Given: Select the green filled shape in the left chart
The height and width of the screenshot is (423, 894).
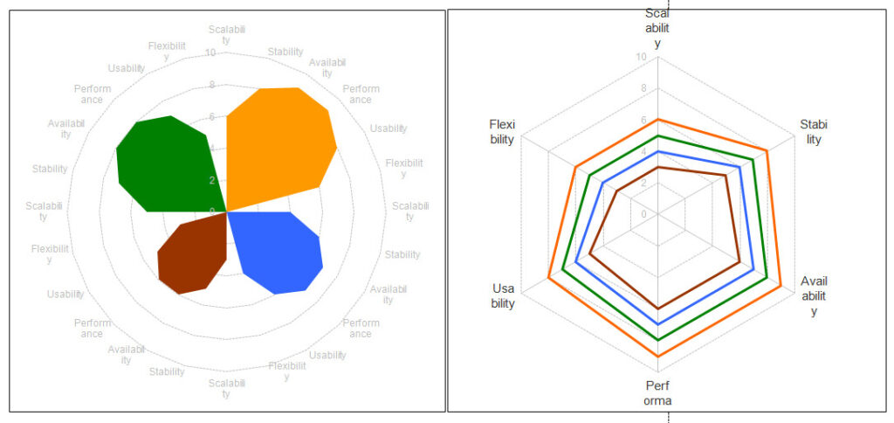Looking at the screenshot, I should pyautogui.click(x=166, y=166).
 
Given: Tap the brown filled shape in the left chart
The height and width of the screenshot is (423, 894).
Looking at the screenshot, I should pyautogui.click(x=192, y=258).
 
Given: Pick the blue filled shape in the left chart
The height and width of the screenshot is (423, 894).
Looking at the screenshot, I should pyautogui.click(x=279, y=253).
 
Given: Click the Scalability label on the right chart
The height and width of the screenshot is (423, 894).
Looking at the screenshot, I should pyautogui.click(x=657, y=28).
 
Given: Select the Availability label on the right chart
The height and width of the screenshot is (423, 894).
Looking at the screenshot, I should pyautogui.click(x=814, y=295).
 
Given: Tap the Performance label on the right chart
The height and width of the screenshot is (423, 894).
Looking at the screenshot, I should pyautogui.click(x=657, y=393).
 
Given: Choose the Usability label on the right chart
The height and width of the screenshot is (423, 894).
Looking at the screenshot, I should pyautogui.click(x=503, y=295).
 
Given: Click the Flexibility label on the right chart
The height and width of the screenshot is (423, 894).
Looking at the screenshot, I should pyautogui.click(x=502, y=132).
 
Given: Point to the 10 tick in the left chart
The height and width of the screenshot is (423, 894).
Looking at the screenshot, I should pyautogui.click(x=210, y=53).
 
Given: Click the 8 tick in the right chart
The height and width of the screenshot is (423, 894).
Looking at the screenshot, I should pyautogui.click(x=643, y=89).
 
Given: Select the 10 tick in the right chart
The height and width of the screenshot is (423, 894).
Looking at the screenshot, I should pyautogui.click(x=642, y=58).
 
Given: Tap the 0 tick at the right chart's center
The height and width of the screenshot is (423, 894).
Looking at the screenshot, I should pyautogui.click(x=644, y=214).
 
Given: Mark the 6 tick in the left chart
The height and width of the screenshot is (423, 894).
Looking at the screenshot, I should pyautogui.click(x=211, y=117).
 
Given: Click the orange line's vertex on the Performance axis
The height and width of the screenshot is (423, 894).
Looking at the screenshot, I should pyautogui.click(x=658, y=356).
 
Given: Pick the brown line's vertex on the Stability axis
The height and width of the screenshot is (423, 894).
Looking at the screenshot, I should pyautogui.click(x=726, y=176).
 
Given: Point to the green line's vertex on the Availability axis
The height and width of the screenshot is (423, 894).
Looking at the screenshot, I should pyautogui.click(x=767, y=278).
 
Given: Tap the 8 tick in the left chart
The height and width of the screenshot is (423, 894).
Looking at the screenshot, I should pyautogui.click(x=211, y=86).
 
